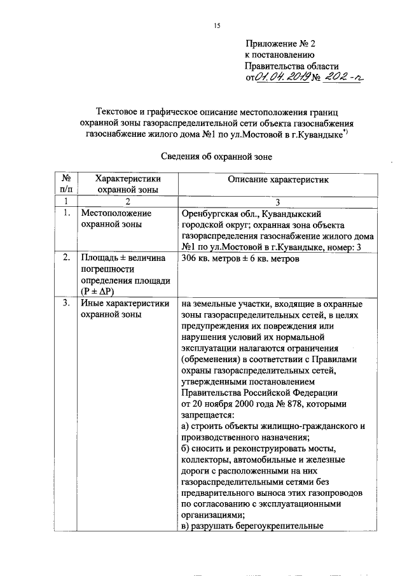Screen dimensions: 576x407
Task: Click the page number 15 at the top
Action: pos(217,25)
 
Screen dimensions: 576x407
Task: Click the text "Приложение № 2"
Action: pos(280,45)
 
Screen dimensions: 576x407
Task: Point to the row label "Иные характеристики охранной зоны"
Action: pos(124,309)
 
